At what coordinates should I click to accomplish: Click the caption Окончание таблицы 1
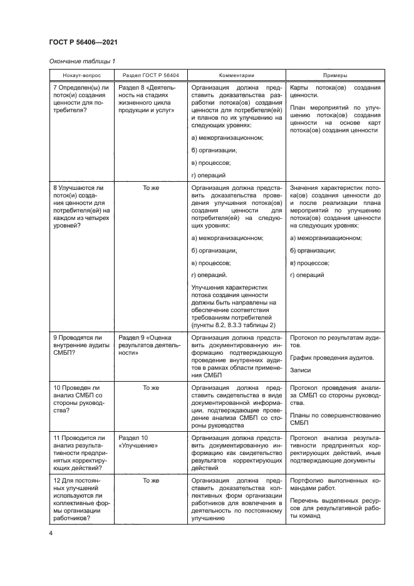tap(82, 61)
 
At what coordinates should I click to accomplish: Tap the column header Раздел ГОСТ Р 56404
tap(150, 74)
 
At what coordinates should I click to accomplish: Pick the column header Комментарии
tap(235, 74)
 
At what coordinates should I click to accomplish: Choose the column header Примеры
tap(335, 74)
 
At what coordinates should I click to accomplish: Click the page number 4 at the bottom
tap(51, 533)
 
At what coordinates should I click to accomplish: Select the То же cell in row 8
tap(150, 187)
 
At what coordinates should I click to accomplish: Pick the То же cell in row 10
tap(150, 387)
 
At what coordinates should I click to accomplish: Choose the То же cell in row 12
tap(150, 480)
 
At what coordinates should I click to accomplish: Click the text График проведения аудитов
tap(332, 357)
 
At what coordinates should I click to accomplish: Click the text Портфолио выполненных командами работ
tap(335, 484)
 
